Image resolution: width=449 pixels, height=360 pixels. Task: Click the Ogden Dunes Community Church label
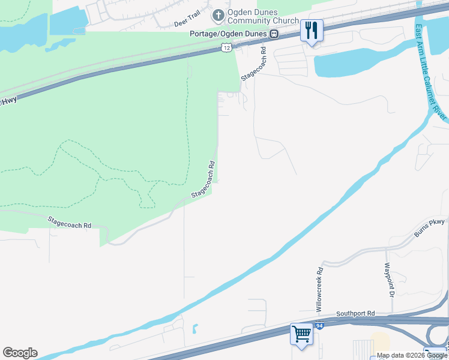(263, 16)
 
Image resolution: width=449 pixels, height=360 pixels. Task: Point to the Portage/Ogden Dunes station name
(228, 34)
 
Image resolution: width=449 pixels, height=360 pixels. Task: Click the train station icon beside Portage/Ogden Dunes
(274, 34)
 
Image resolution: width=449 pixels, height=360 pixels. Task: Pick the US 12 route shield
(226, 46)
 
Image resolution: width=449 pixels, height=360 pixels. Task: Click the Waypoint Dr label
(388, 280)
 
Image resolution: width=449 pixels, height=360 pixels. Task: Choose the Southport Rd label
(355, 314)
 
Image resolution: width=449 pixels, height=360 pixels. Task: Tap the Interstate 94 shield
(321, 325)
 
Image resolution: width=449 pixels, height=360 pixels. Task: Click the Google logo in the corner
(20, 353)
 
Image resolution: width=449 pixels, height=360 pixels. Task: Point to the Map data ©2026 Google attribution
(412, 355)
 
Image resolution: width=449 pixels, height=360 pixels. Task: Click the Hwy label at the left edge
(8, 102)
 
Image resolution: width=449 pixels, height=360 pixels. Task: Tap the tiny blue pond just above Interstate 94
(195, 329)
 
